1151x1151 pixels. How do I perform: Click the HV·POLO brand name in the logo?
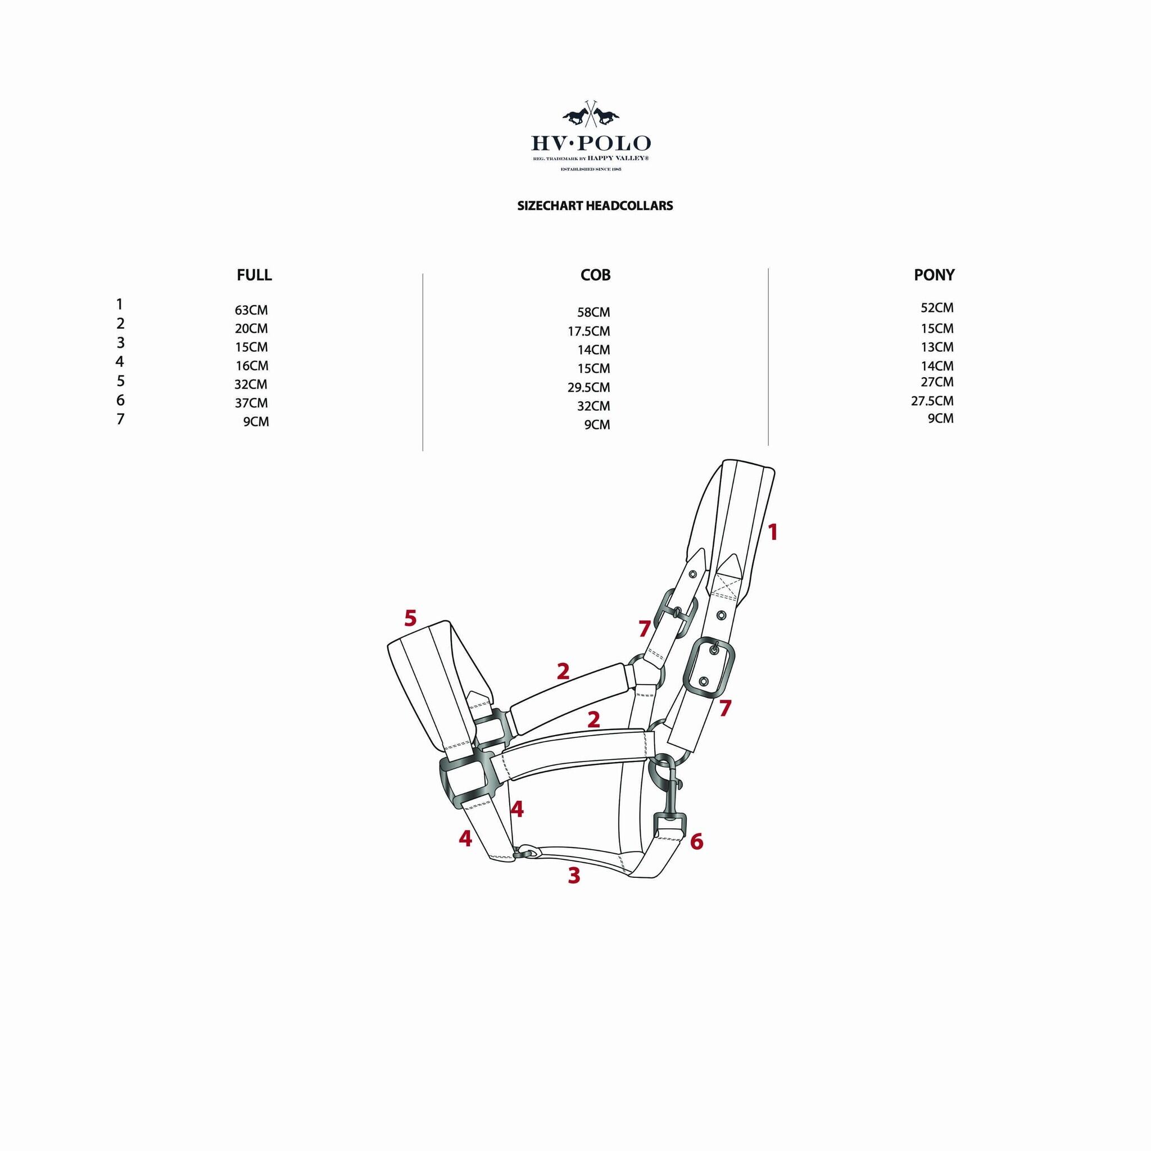coord(591,143)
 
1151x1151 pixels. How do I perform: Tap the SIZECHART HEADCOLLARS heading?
coord(595,206)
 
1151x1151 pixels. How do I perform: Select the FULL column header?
coord(254,275)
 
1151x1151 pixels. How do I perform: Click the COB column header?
coord(595,275)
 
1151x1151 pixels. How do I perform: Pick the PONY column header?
coord(934,275)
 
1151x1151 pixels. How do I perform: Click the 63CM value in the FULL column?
coord(251,310)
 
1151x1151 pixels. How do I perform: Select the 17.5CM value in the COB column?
coord(588,331)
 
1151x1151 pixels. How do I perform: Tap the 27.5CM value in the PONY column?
coord(932,401)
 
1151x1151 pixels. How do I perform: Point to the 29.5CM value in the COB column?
coord(588,388)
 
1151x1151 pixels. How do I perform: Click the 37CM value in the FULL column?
coord(251,404)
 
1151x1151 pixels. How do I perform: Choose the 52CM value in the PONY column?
coord(936,308)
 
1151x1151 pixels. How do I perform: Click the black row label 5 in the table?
coord(120,381)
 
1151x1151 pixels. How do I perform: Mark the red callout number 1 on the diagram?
coord(773,533)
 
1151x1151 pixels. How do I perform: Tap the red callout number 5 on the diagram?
coord(410,618)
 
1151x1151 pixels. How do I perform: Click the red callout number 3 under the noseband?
coord(574,876)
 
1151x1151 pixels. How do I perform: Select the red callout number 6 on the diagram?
coord(696,842)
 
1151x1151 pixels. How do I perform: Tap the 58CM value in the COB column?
coord(593,312)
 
